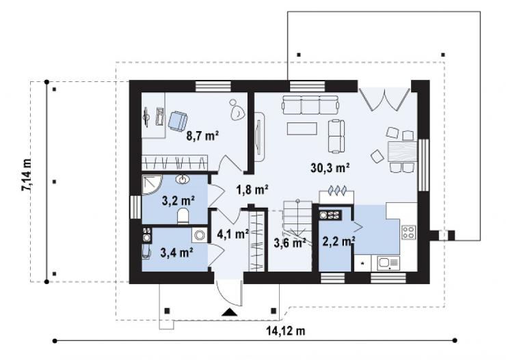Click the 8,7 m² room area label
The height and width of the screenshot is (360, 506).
pyautogui.click(x=202, y=136)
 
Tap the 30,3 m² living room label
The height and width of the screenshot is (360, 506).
pyautogui.click(x=330, y=167)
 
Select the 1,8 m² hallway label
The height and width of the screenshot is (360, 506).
pyautogui.click(x=252, y=190)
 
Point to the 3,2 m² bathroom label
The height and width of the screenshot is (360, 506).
pyautogui.click(x=178, y=201)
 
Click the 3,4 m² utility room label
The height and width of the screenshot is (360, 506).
pyautogui.click(x=176, y=252)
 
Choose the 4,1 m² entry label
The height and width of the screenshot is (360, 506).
pyautogui.click(x=233, y=234)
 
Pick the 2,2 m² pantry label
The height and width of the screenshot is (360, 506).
pyautogui.click(x=339, y=240)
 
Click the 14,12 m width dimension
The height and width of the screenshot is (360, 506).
pyautogui.click(x=286, y=331)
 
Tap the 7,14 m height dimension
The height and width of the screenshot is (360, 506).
pyautogui.click(x=27, y=176)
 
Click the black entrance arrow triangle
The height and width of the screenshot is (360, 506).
pyautogui.click(x=230, y=311)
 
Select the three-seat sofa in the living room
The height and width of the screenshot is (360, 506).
pyautogui.click(x=310, y=105)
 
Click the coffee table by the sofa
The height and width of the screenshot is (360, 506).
pyautogui.click(x=302, y=128)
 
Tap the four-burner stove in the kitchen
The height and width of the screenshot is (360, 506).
pyautogui.click(x=408, y=232)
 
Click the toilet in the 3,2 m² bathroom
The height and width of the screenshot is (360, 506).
pyautogui.click(x=184, y=216)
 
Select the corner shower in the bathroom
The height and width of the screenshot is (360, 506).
pyautogui.click(x=152, y=185)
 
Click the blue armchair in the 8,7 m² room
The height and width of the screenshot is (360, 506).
pyautogui.click(x=177, y=121)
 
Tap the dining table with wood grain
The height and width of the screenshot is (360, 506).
pyautogui.click(x=402, y=151)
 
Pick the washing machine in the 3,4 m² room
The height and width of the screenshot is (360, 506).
pyautogui.click(x=200, y=235)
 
